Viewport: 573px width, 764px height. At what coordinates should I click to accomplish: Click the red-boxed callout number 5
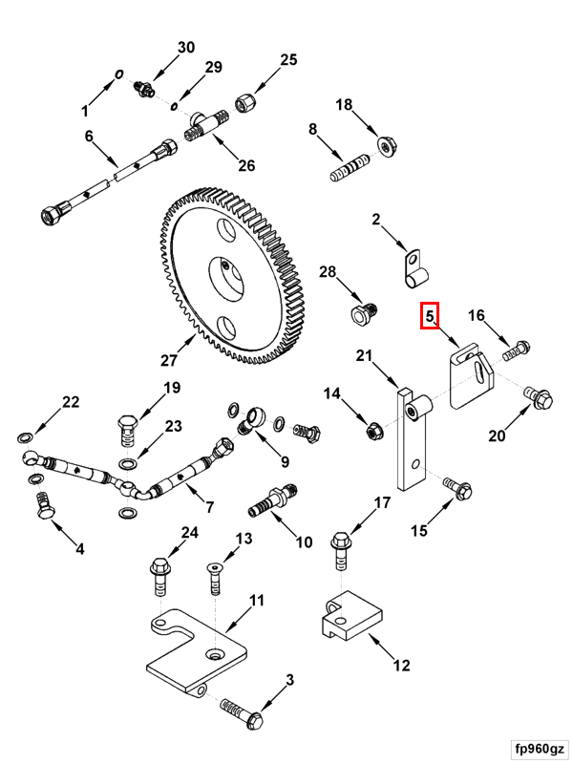point(429,316)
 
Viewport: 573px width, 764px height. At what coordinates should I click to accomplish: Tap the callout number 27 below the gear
point(169,361)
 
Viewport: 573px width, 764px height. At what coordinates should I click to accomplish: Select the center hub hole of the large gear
point(225,279)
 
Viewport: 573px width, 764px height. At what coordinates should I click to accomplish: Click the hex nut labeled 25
point(245,103)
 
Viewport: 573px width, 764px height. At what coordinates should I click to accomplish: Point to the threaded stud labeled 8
point(350,168)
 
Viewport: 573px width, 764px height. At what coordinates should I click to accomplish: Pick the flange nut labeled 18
point(388,146)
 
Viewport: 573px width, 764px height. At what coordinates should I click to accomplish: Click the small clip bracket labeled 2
point(416,268)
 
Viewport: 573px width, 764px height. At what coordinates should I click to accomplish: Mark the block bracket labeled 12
point(350,616)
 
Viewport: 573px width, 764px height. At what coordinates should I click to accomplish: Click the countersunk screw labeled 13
point(214,579)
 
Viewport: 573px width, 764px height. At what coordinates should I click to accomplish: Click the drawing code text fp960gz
point(540,748)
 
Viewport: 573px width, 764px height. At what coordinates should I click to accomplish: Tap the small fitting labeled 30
point(144,89)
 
